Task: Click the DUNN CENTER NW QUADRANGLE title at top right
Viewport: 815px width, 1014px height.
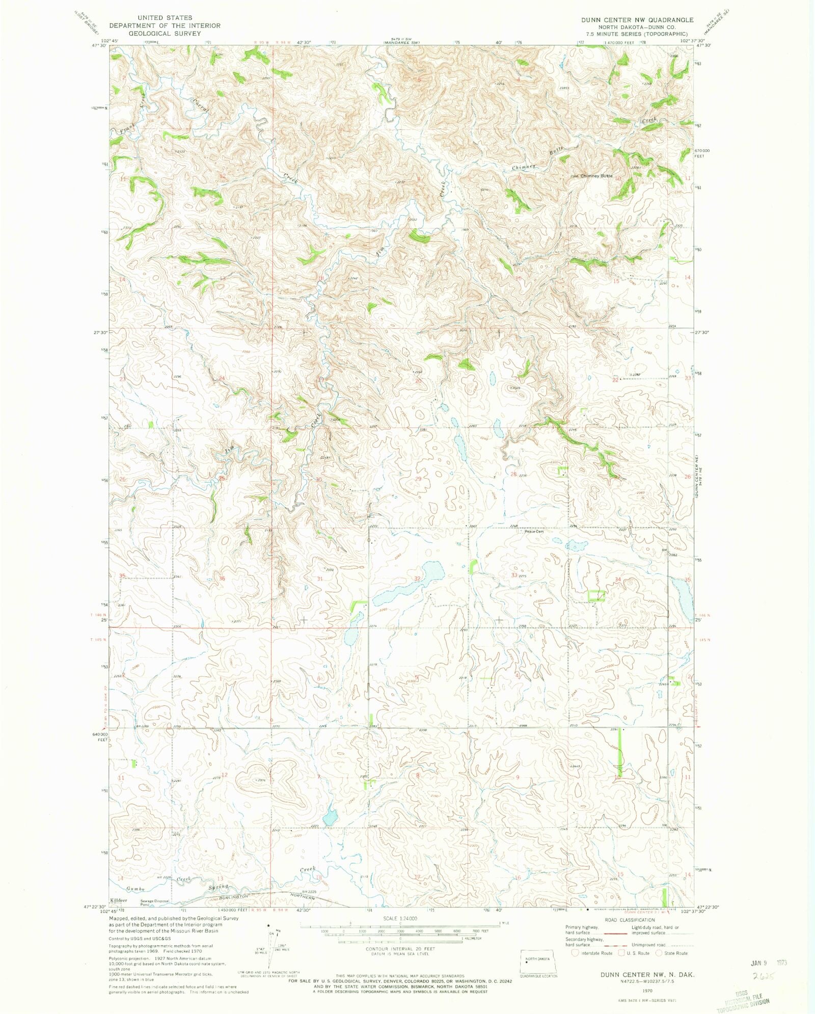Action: (637, 20)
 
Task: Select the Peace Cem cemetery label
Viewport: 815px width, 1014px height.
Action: (534, 532)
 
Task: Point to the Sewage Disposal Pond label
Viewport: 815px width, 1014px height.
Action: (154, 902)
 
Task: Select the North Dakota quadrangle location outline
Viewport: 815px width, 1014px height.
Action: (538, 961)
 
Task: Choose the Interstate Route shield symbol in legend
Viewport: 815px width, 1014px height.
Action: (576, 953)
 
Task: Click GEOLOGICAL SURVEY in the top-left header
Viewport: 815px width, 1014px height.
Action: (164, 33)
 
